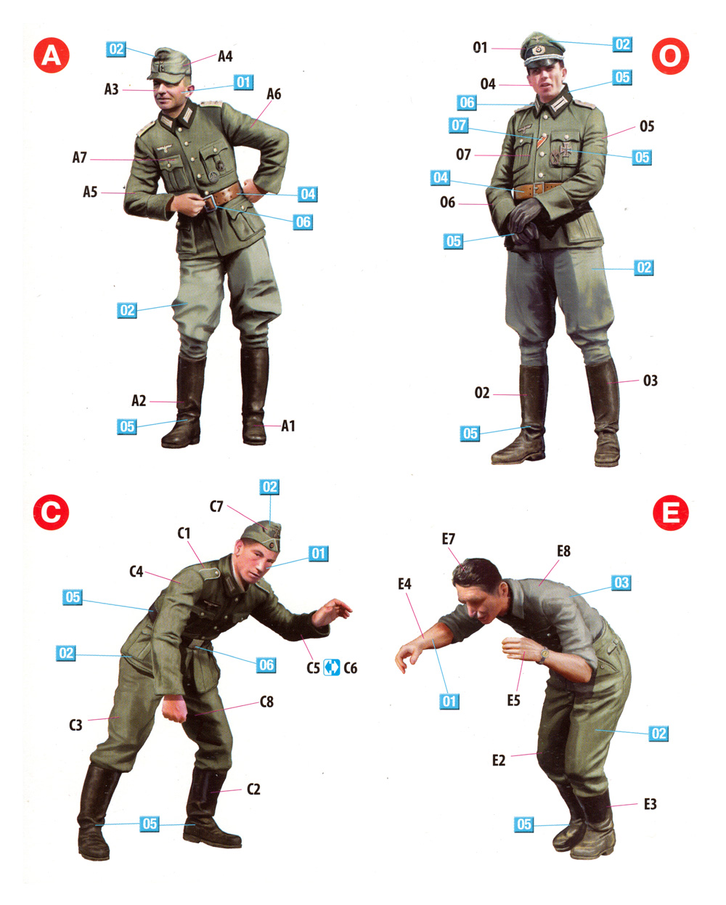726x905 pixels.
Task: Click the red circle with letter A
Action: (x=51, y=55)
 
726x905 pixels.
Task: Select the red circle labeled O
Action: (x=669, y=56)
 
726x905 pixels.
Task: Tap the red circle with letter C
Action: (x=51, y=513)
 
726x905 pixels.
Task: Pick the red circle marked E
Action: (x=669, y=514)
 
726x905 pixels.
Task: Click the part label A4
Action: (x=225, y=57)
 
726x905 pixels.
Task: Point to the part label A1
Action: (x=288, y=426)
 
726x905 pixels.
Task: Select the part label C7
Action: (x=216, y=507)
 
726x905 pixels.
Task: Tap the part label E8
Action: (x=563, y=551)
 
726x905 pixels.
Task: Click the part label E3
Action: (x=650, y=804)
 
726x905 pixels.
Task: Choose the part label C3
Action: (x=76, y=725)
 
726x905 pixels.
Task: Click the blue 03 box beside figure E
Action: (x=621, y=583)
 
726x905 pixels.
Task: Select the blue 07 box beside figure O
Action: (x=459, y=125)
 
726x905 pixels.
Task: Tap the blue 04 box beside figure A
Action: (x=308, y=194)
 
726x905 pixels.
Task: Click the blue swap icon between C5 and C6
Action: (x=332, y=667)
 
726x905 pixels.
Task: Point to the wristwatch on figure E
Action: (x=543, y=655)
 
